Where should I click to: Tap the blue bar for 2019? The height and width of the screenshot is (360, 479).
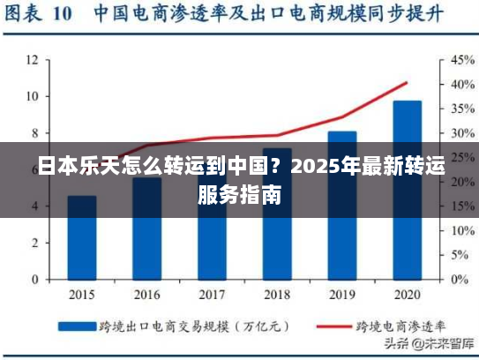coord(341,205)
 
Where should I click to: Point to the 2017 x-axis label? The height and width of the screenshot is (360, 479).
coord(212,294)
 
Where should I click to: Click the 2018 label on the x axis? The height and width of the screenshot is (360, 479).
coord(277,294)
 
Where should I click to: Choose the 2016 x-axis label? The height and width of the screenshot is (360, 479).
coord(146,294)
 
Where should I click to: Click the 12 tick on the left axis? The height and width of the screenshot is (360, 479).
coord(32,60)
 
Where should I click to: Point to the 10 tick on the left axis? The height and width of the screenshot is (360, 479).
coord(32,96)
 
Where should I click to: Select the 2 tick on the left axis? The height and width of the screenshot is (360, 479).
coord(34,243)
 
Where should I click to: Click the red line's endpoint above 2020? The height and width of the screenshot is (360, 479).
coord(407,82)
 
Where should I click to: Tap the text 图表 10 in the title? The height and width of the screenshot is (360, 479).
coord(40,15)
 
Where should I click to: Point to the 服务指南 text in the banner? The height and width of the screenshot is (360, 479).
coord(240,194)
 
